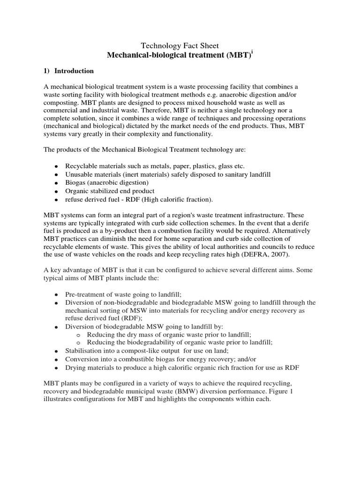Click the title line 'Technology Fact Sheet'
(180, 45)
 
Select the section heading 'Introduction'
(74, 71)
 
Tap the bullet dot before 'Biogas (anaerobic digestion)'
(56, 183)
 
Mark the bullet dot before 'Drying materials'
(56, 368)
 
